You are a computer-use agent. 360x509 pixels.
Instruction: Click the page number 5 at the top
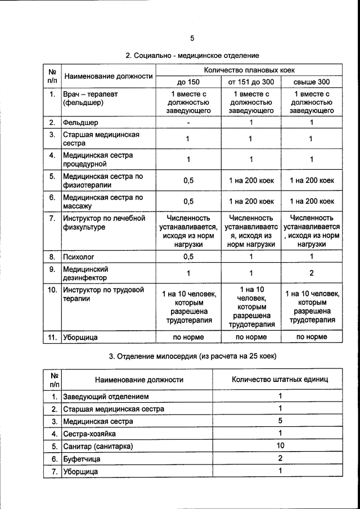click(x=192, y=38)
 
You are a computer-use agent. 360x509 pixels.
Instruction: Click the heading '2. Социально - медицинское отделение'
click(x=192, y=56)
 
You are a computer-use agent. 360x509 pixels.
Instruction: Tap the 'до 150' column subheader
click(x=188, y=82)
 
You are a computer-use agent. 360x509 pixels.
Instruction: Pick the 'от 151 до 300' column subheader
click(x=251, y=82)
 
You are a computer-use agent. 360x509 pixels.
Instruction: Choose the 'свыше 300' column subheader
click(x=311, y=82)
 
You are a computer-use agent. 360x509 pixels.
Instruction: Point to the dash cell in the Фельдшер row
click(x=188, y=122)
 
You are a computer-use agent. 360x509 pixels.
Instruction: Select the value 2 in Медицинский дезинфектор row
click(x=311, y=273)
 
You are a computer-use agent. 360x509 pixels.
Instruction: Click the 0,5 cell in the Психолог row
click(x=188, y=256)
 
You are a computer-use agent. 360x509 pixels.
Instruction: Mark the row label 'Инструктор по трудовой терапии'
click(x=103, y=294)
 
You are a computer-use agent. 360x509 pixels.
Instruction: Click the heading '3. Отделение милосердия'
click(x=192, y=357)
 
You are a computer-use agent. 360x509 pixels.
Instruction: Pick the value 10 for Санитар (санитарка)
click(x=280, y=445)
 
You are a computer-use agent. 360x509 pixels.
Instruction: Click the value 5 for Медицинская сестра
click(x=280, y=421)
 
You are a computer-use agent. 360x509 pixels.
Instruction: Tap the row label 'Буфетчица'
click(x=82, y=459)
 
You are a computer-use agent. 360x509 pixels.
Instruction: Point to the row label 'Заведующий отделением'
click(x=106, y=397)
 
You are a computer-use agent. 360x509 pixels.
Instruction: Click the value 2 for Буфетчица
click(x=280, y=458)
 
